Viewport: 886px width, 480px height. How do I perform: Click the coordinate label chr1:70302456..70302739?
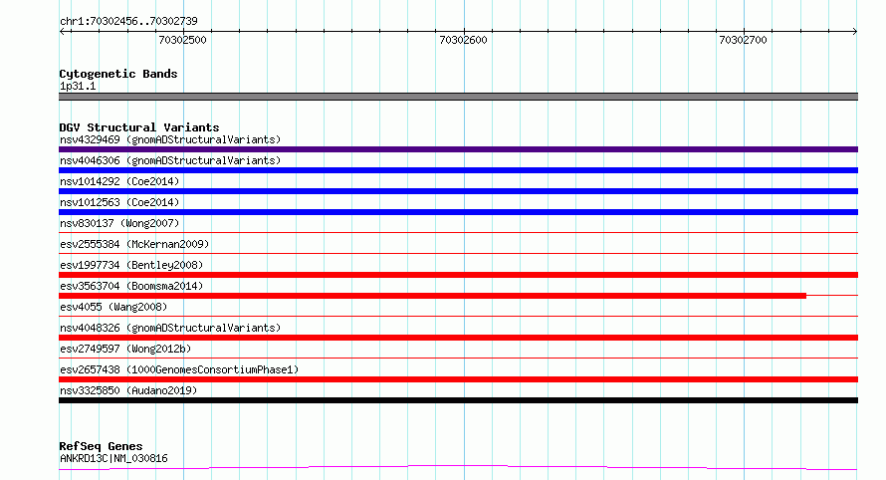128,22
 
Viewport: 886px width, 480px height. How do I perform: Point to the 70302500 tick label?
182,40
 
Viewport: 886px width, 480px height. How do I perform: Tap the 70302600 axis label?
463,40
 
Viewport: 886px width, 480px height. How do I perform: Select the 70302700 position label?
743,40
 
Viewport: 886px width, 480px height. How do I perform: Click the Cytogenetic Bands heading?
118,74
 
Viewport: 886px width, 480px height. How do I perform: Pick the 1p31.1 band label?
78,86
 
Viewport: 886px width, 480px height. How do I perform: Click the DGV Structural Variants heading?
139,127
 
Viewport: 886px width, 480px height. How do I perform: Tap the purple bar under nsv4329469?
458,149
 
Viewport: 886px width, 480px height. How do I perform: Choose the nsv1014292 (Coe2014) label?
119,181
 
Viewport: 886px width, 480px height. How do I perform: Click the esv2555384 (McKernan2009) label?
134,244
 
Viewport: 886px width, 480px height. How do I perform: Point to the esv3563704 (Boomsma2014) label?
131,286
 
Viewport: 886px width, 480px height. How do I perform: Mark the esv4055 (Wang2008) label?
113,307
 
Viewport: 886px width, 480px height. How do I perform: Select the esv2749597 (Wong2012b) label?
125,349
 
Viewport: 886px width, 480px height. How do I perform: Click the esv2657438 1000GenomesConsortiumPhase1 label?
179,369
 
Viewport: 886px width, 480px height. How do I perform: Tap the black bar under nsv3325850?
458,400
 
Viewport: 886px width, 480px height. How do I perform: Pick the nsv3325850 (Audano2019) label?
128,390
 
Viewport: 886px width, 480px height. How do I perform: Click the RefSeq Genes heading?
101,446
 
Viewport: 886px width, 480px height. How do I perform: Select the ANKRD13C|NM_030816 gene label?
113,458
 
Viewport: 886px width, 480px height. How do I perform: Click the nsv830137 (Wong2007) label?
119,223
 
